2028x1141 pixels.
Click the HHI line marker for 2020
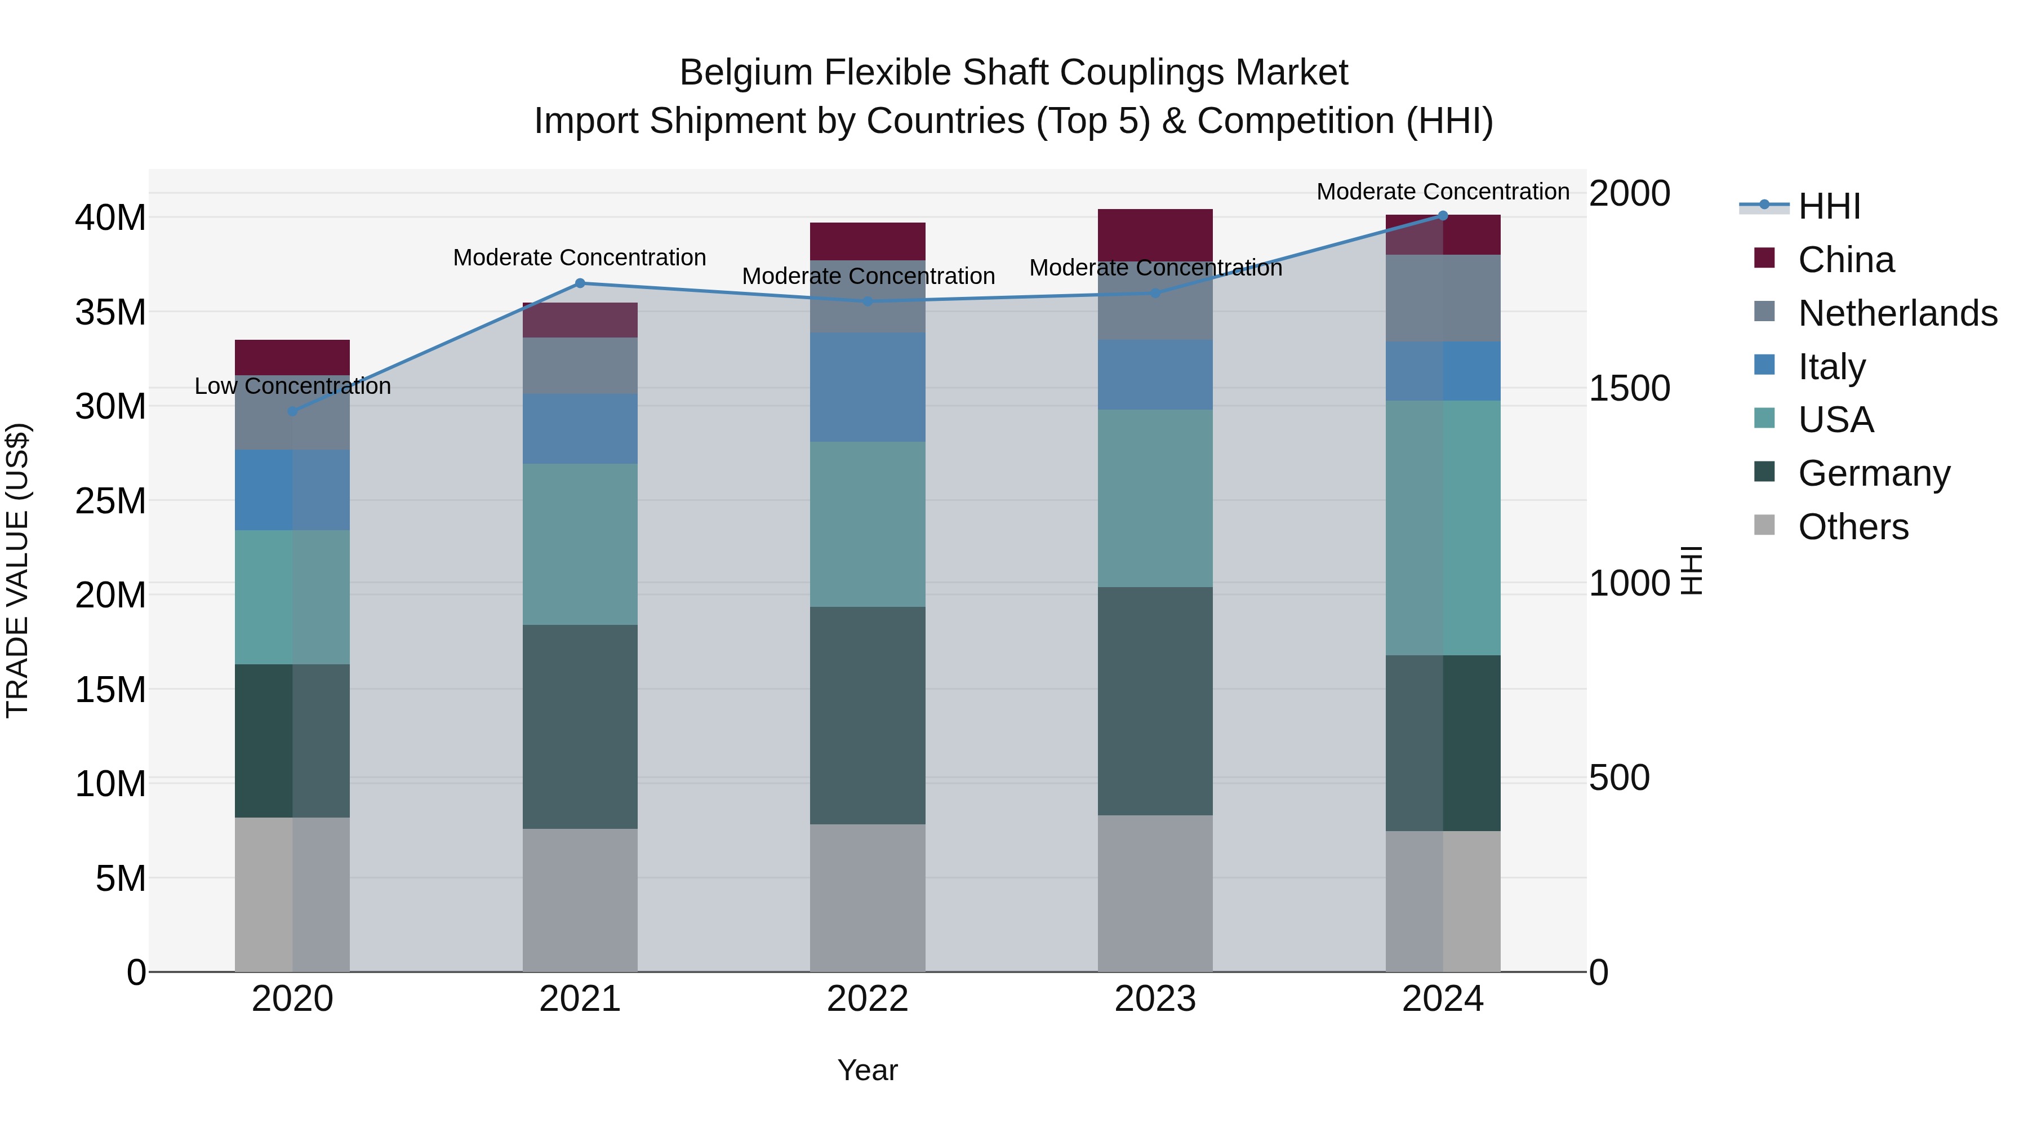(x=293, y=411)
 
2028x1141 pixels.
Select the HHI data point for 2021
(x=580, y=283)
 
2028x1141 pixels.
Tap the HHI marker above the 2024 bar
(x=1443, y=216)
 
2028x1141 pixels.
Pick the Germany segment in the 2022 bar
(x=868, y=715)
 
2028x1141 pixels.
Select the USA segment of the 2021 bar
(x=580, y=544)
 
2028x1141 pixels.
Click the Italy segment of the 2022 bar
(x=868, y=387)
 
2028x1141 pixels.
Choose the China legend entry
(x=1846, y=260)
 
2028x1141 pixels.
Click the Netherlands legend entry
(x=1897, y=313)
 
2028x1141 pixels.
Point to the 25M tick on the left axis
(x=110, y=501)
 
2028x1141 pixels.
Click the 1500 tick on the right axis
(x=1629, y=388)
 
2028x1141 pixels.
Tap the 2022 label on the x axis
(x=868, y=999)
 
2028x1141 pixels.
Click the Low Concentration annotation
(x=293, y=386)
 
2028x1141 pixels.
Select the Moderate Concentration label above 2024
(x=1443, y=192)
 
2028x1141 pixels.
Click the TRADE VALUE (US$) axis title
(x=17, y=570)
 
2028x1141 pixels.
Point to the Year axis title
(x=868, y=1070)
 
